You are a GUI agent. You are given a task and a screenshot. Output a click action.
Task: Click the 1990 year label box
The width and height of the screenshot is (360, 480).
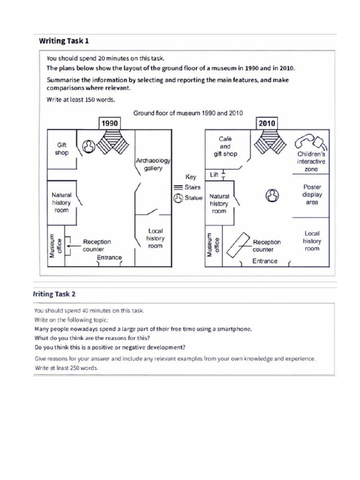[109, 123]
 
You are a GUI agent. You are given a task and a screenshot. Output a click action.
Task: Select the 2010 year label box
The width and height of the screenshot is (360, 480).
[267, 123]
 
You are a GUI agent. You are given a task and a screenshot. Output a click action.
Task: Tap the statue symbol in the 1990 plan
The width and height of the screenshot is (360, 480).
[89, 147]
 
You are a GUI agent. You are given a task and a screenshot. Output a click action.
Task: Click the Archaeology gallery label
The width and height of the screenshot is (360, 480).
[153, 164]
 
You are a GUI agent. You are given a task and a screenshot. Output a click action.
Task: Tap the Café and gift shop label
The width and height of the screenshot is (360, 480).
[225, 146]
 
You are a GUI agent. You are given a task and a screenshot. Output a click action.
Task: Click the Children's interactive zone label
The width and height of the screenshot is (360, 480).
[311, 161]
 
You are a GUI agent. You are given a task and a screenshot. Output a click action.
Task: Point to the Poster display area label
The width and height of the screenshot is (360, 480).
[312, 195]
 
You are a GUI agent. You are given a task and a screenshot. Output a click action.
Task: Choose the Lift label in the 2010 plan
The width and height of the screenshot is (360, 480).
[214, 175]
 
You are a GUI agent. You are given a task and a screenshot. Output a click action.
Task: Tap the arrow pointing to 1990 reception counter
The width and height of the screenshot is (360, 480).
[73, 245]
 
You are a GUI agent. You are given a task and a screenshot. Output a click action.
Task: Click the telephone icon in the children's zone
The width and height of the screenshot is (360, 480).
[311, 140]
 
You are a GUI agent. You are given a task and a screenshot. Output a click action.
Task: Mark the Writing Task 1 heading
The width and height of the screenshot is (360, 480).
[64, 41]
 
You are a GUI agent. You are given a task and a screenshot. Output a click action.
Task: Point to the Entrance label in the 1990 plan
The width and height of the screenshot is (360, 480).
[109, 257]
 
